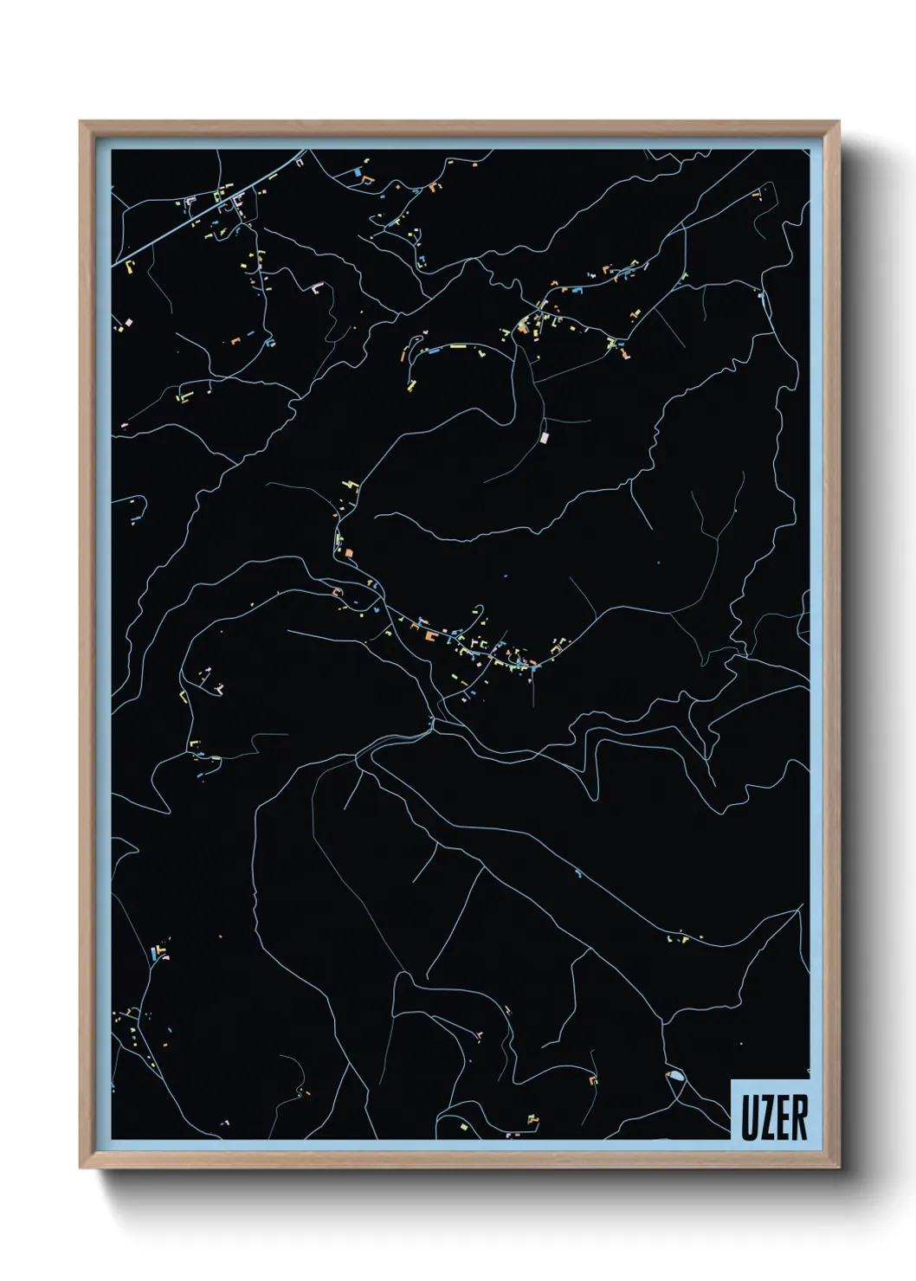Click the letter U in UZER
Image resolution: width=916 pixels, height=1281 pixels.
coord(748,1117)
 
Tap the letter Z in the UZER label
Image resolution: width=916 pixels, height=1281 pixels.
coord(765,1117)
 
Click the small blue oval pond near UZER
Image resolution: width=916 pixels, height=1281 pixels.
coord(675,1076)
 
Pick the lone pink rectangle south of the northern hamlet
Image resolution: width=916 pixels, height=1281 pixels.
coord(545,438)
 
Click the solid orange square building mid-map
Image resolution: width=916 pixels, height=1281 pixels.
coord(349,551)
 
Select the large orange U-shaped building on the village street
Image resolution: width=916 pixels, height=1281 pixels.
coord(430,636)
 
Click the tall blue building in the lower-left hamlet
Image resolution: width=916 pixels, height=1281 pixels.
coord(154,953)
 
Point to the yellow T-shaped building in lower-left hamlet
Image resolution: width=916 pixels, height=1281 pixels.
coord(162,956)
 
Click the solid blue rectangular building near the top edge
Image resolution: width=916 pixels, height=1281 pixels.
coord(356,172)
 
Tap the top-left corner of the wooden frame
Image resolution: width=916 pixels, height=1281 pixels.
coord(81,122)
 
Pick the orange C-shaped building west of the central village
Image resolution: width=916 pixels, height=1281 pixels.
coord(337,592)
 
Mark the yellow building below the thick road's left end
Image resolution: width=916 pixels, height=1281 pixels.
coord(130,265)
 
